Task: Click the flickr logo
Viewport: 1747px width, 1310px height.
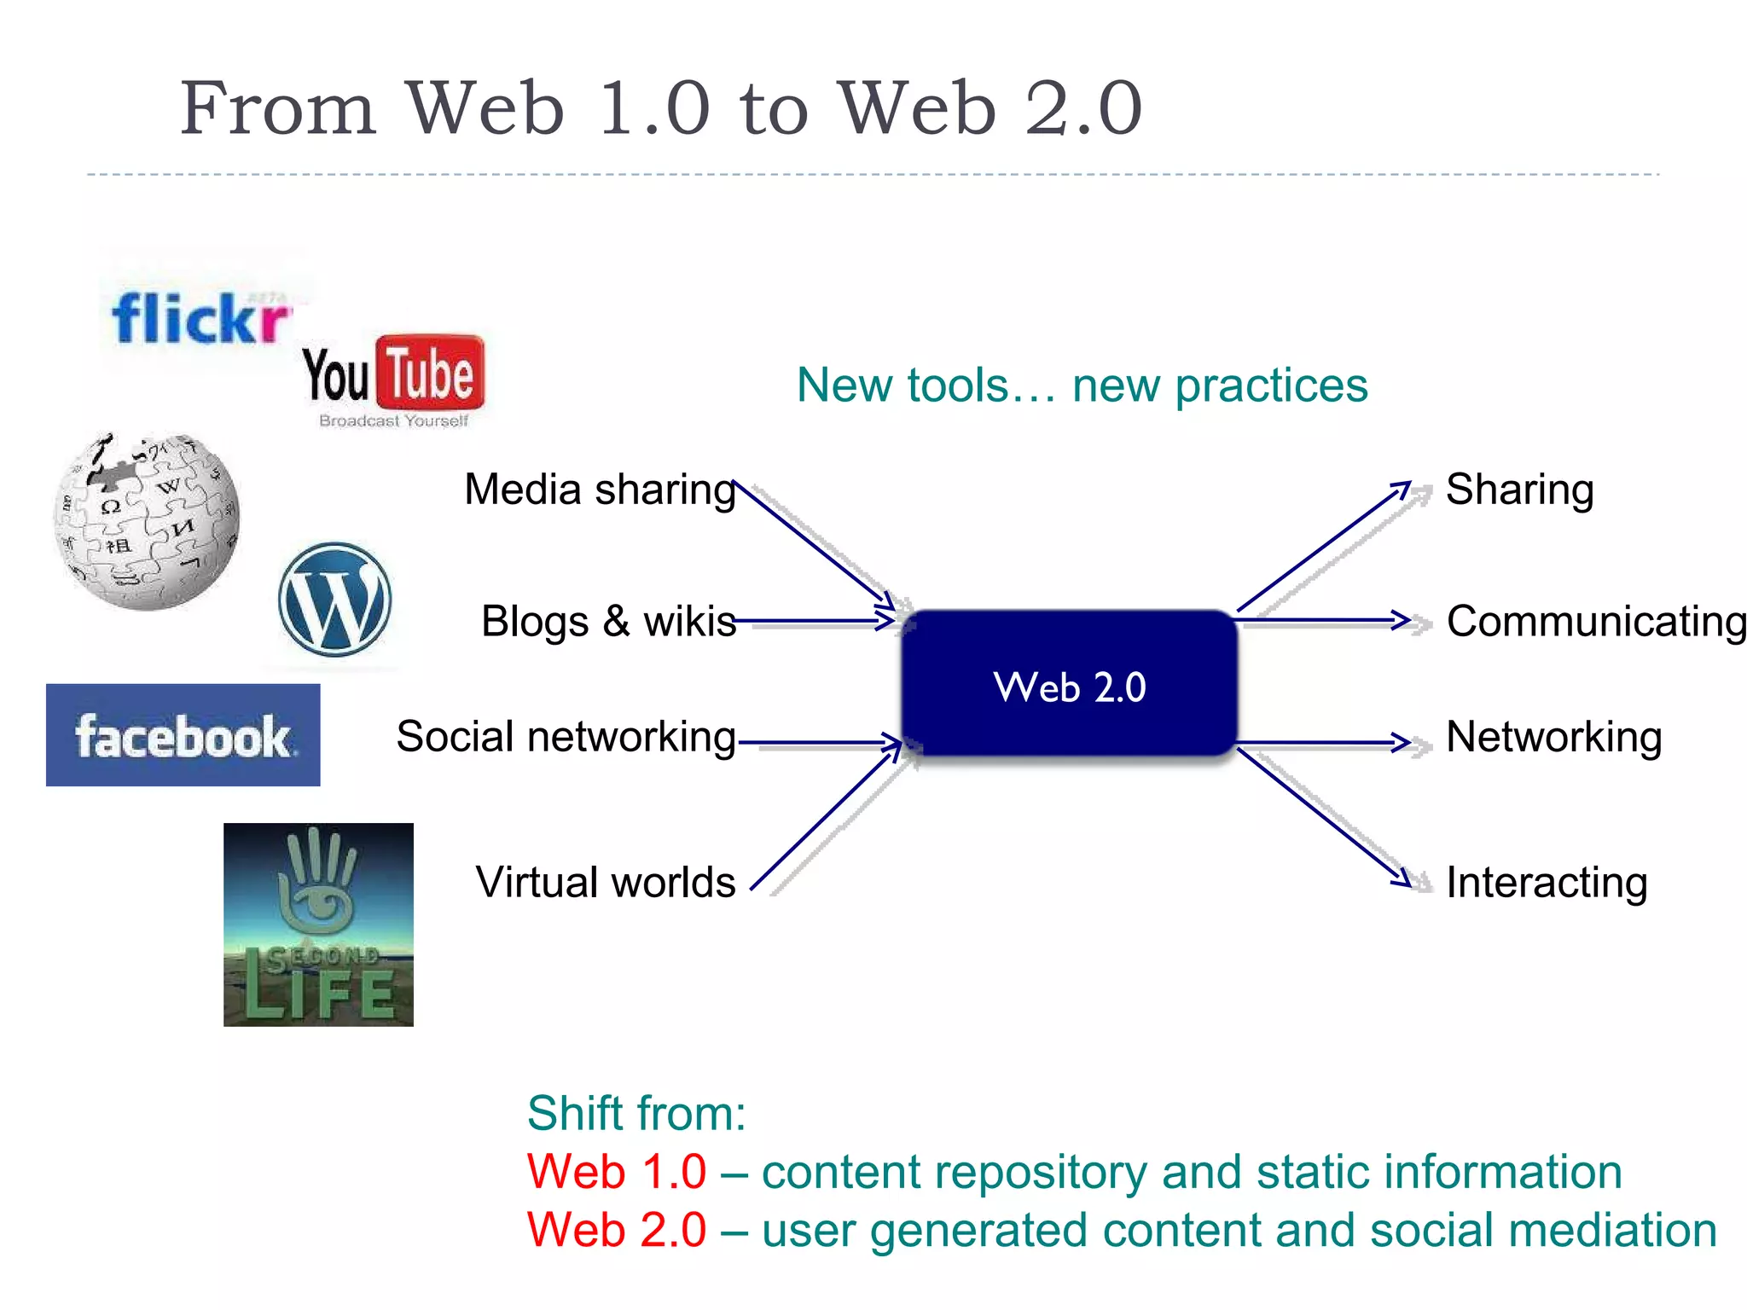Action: pyautogui.click(x=201, y=318)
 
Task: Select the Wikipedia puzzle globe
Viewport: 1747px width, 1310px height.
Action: pyautogui.click(x=147, y=522)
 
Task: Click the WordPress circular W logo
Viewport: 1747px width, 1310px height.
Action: pyautogui.click(x=334, y=600)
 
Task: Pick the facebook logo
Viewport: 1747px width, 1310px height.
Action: pyautogui.click(x=183, y=735)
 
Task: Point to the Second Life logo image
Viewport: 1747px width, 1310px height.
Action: pyautogui.click(x=318, y=925)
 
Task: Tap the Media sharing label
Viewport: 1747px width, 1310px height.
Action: pyautogui.click(x=600, y=490)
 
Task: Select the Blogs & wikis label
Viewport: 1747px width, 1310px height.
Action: pyautogui.click(x=608, y=621)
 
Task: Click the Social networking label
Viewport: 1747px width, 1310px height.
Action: pyautogui.click(x=566, y=736)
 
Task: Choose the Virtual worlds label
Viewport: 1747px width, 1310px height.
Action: pyautogui.click(x=606, y=882)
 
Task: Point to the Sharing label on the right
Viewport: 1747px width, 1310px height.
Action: pyautogui.click(x=1519, y=490)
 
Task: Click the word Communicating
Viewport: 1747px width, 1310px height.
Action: pyautogui.click(x=1596, y=621)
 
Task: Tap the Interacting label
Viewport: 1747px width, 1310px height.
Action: pyautogui.click(x=1546, y=882)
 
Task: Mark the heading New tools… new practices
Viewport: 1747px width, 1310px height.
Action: pyautogui.click(x=1082, y=385)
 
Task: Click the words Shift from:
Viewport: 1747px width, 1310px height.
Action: pyautogui.click(x=636, y=1114)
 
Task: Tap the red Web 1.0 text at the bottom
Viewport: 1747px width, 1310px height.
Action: pyautogui.click(x=616, y=1172)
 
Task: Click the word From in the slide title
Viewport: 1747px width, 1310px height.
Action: pyautogui.click(x=278, y=108)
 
